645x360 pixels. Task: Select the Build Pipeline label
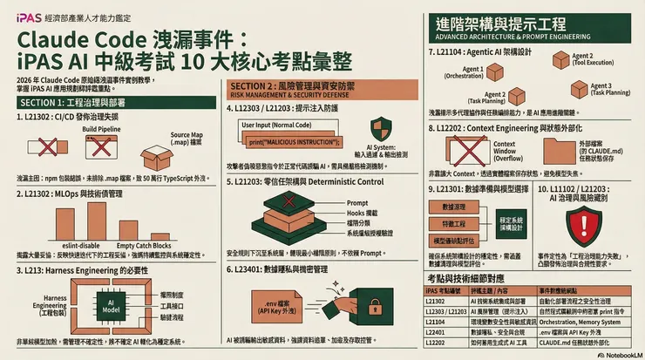(x=102, y=128)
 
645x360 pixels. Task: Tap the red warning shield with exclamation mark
(x=581, y=225)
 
